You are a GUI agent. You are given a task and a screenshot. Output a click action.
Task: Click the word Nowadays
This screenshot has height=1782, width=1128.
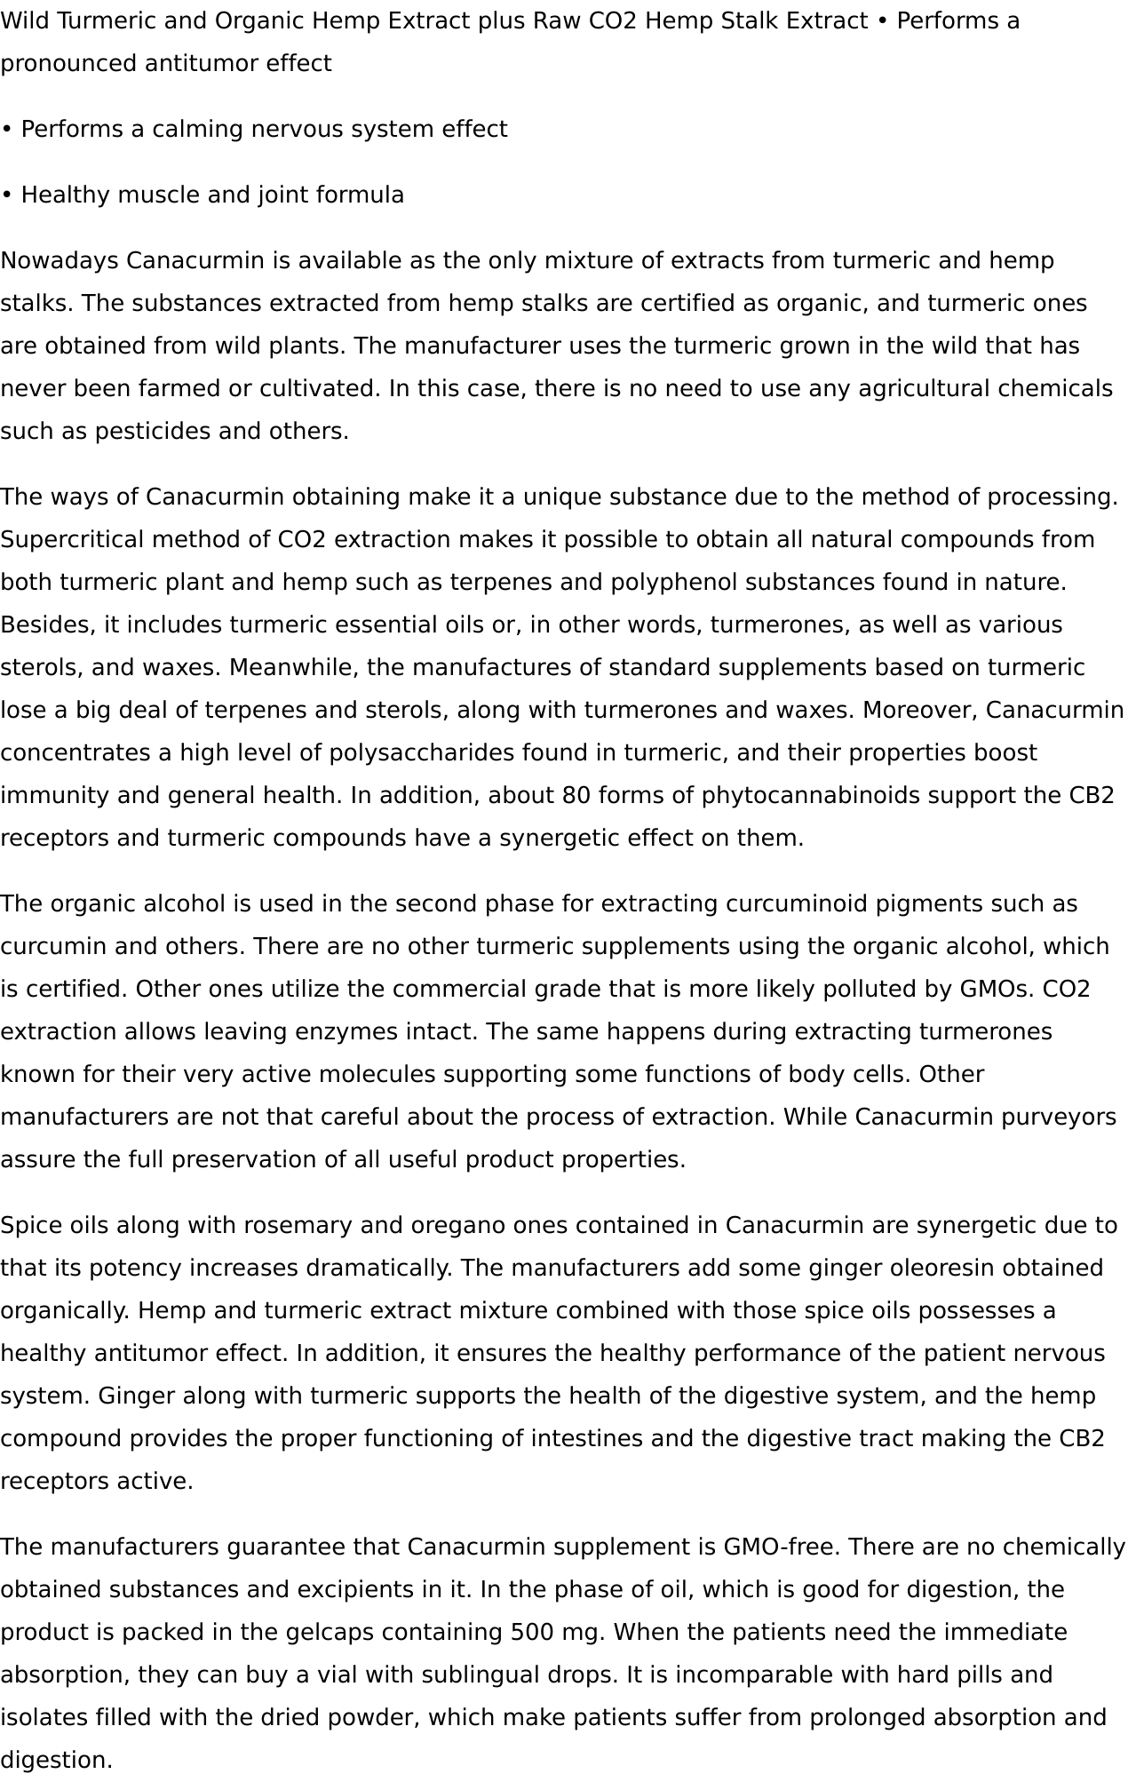59,261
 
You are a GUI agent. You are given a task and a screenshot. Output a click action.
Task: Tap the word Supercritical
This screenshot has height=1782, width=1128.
72,540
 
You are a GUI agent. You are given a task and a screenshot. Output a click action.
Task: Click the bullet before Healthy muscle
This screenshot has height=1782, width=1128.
6,195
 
